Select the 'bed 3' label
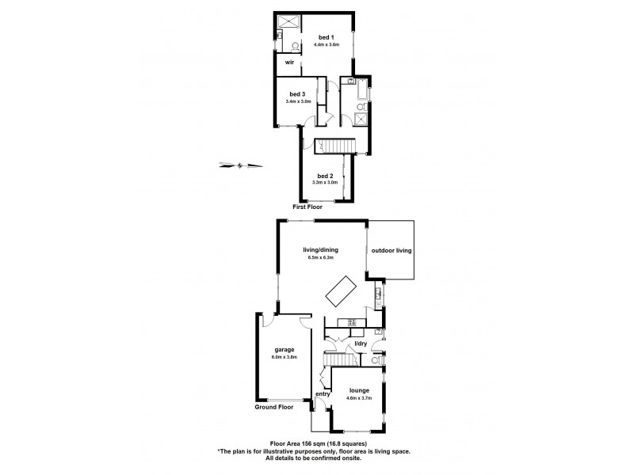[297, 94]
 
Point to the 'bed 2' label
[324, 175]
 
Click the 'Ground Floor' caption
[274, 408]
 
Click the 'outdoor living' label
[391, 251]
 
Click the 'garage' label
[285, 349]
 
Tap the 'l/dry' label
[361, 344]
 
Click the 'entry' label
[323, 394]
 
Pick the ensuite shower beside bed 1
[285, 22]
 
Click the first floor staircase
[339, 146]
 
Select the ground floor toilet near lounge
[376, 361]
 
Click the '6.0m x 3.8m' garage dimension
[285, 357]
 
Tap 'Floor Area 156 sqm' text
[294, 443]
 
